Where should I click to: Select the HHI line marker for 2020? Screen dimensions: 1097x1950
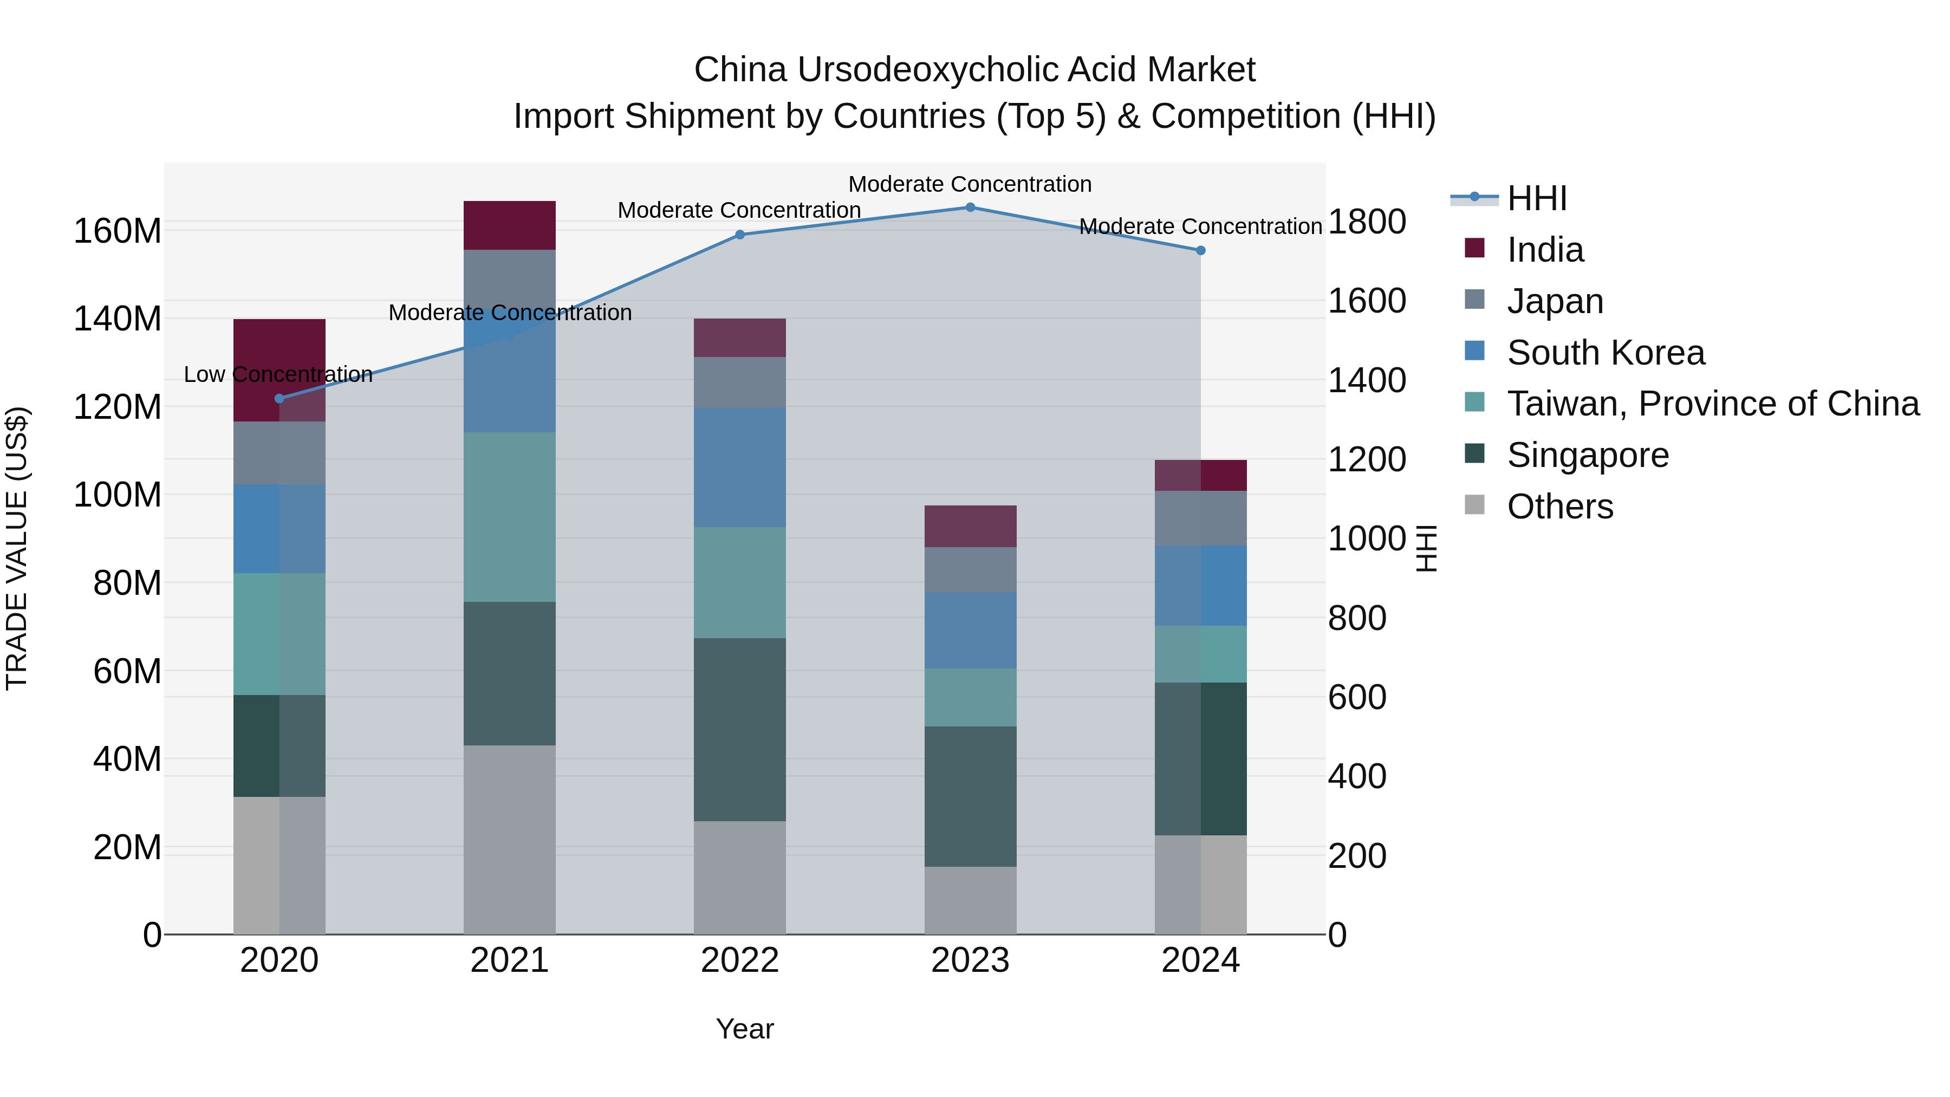point(279,398)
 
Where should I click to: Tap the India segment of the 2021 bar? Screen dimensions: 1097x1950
point(510,225)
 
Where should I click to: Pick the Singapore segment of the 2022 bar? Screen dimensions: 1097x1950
point(739,729)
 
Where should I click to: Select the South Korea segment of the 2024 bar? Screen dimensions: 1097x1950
point(1200,585)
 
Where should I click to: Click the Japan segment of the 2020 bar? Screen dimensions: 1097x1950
point(279,453)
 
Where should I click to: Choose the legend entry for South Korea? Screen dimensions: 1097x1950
point(1605,353)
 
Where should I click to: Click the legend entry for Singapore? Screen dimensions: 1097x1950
point(1588,455)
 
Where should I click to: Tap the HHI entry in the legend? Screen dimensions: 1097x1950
point(1536,198)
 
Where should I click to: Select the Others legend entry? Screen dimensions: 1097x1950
point(1559,507)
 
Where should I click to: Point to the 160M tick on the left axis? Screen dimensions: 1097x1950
point(118,230)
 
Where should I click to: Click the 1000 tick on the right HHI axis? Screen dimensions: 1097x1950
point(1367,538)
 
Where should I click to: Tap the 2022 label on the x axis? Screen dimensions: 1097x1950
point(739,960)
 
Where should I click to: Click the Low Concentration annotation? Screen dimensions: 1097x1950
point(278,375)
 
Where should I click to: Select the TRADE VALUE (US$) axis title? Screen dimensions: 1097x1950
point(17,548)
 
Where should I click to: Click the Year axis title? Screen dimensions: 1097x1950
point(744,1029)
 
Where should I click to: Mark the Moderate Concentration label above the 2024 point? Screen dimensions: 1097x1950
point(1200,226)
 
